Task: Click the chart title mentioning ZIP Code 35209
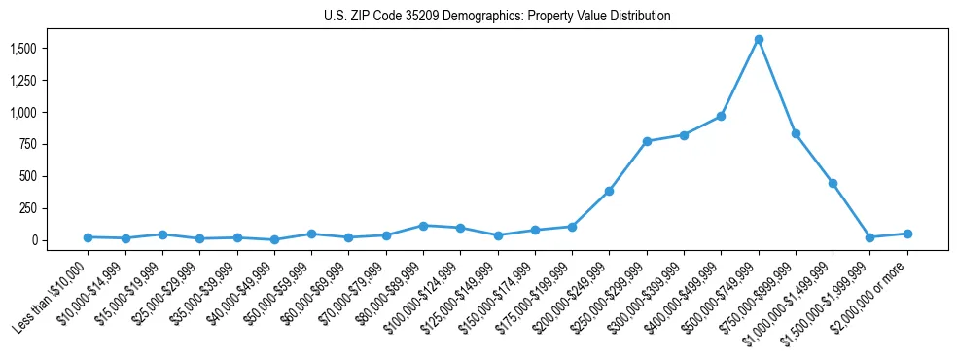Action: [x=497, y=17]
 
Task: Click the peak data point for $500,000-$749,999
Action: [x=759, y=39]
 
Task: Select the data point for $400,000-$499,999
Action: [x=721, y=116]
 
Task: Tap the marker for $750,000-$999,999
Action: [x=796, y=133]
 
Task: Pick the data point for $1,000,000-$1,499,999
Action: [x=833, y=183]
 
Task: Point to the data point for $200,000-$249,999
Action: [x=609, y=191]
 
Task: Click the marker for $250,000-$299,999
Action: [x=647, y=141]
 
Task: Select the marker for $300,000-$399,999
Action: [x=684, y=135]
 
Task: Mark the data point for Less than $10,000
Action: [x=88, y=237]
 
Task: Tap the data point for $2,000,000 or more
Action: [x=907, y=234]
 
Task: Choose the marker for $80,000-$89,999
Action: [x=423, y=226]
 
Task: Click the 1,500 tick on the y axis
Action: [x=22, y=49]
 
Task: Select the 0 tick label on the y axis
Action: [x=35, y=240]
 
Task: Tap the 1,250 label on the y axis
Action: [x=22, y=81]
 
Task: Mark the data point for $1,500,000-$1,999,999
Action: [x=870, y=237]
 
